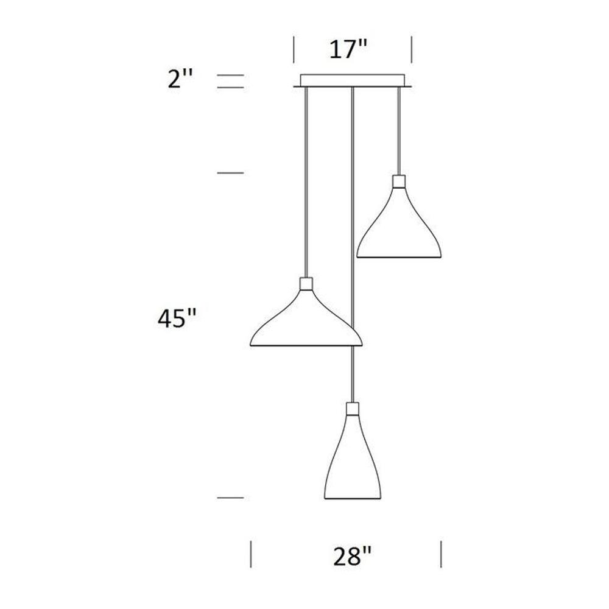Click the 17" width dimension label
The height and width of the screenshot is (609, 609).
[348, 50]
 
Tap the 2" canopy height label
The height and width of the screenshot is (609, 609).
[180, 79]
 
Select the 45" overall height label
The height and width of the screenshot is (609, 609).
[177, 319]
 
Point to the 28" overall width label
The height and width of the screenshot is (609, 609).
[352, 556]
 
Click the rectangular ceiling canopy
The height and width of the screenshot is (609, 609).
[353, 80]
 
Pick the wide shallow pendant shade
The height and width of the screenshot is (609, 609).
[306, 318]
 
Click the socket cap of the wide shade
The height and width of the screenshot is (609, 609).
[306, 284]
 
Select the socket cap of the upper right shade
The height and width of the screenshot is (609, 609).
[399, 181]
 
